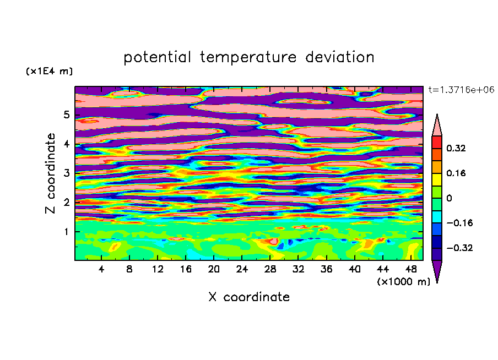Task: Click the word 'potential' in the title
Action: click(157, 57)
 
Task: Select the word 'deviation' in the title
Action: click(340, 57)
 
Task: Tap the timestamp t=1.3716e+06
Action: click(461, 90)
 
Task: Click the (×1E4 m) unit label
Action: click(49, 71)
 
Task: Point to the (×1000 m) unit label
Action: click(403, 282)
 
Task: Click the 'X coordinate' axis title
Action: click(249, 297)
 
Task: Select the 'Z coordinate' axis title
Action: click(50, 173)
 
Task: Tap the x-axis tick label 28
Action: click(270, 269)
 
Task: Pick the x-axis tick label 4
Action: click(101, 269)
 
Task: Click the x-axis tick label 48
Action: click(410, 269)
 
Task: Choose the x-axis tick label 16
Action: click(186, 269)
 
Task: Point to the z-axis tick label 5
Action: click(66, 114)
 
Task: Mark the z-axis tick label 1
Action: click(66, 232)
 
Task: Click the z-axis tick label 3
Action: click(66, 173)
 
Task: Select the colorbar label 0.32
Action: click(456, 148)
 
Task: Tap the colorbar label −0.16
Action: click(459, 223)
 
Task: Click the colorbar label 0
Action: click(449, 198)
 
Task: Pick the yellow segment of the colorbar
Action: click(437, 179)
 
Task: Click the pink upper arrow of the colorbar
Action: click(437, 125)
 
